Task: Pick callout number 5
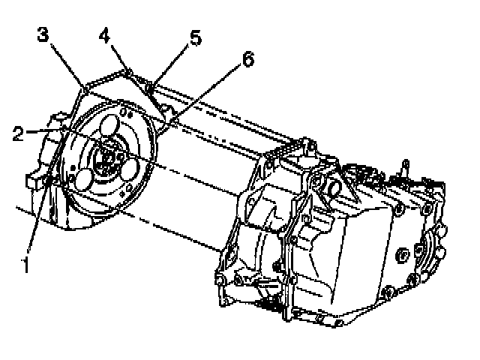195,38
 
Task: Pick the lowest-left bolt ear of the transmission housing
220,280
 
